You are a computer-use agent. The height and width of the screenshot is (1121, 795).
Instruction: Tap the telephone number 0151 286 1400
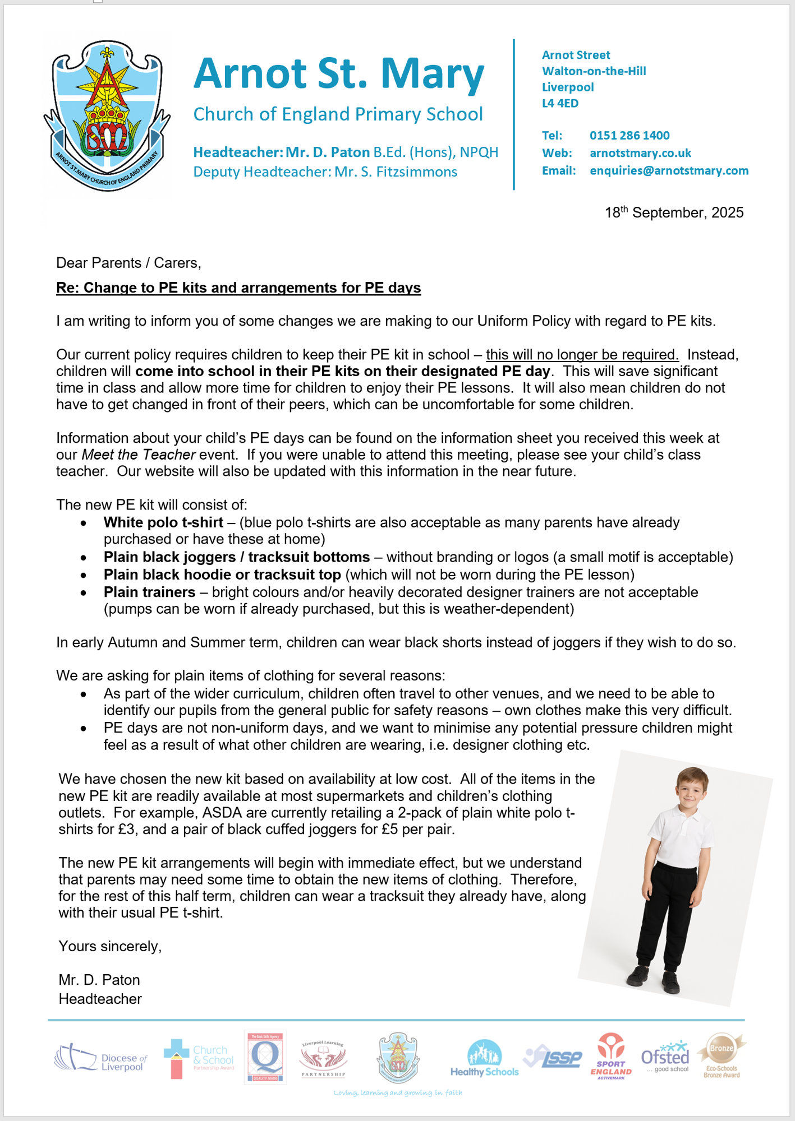coord(629,136)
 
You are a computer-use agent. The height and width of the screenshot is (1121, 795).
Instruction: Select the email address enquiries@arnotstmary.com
coord(669,171)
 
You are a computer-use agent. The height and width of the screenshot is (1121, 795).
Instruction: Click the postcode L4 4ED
coord(560,104)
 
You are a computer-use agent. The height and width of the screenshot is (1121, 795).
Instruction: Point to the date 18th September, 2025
coord(674,213)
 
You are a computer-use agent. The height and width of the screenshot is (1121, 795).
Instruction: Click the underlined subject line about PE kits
coord(238,288)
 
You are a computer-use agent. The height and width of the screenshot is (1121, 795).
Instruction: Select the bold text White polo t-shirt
coord(163,523)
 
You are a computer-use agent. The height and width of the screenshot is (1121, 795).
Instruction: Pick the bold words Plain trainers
coord(149,592)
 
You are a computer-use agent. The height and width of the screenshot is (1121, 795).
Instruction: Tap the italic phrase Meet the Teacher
coord(139,455)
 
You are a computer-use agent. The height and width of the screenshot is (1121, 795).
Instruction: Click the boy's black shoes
coord(654,978)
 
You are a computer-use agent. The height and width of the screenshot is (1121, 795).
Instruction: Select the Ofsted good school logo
coord(665,1057)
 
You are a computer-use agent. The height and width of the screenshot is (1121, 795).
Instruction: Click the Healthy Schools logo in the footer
coord(484,1059)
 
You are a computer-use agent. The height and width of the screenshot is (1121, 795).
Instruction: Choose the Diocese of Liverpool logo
coord(100,1058)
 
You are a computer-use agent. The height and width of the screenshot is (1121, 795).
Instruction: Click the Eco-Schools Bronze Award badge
coord(722,1056)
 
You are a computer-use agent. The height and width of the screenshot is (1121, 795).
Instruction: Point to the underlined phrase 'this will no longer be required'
coord(582,355)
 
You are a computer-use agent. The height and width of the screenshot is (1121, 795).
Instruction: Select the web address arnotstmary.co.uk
coord(640,154)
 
